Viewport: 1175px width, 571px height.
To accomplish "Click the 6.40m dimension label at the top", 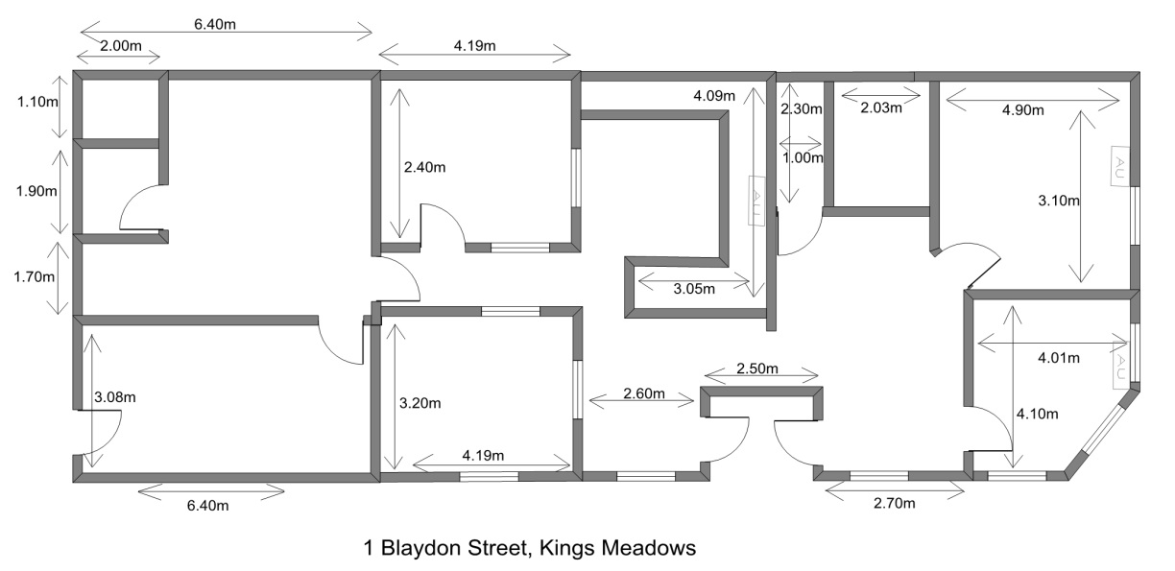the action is pyautogui.click(x=215, y=24).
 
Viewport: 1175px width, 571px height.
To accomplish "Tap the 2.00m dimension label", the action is pyautogui.click(x=121, y=46).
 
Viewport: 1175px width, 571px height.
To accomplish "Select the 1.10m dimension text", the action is pyautogui.click(x=37, y=102).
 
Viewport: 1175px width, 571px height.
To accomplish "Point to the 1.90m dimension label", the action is pyautogui.click(x=36, y=191).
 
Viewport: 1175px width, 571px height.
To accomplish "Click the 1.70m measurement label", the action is pyautogui.click(x=35, y=276).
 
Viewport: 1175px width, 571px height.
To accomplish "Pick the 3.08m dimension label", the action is pyautogui.click(x=115, y=397).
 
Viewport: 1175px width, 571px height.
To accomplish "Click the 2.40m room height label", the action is pyautogui.click(x=425, y=167).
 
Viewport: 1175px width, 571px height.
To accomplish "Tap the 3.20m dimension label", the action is pyautogui.click(x=420, y=403).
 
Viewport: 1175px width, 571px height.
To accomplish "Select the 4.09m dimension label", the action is pyautogui.click(x=714, y=96).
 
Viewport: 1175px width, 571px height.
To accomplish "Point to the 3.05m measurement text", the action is pyautogui.click(x=694, y=289).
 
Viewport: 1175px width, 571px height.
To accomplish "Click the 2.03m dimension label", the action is pyautogui.click(x=881, y=107).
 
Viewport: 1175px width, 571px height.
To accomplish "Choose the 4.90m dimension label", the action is pyautogui.click(x=1023, y=110).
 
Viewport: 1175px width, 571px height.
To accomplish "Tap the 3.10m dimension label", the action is pyautogui.click(x=1059, y=201).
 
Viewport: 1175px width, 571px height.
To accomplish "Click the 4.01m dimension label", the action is pyautogui.click(x=1059, y=358).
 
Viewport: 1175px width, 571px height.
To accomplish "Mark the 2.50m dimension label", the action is pyautogui.click(x=757, y=369).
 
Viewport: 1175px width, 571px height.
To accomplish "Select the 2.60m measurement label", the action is pyautogui.click(x=644, y=393).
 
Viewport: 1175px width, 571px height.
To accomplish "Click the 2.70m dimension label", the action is pyautogui.click(x=895, y=504).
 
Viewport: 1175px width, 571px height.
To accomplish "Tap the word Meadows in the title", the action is pyautogui.click(x=649, y=548).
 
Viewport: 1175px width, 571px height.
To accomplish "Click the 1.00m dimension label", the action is pyautogui.click(x=803, y=157).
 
